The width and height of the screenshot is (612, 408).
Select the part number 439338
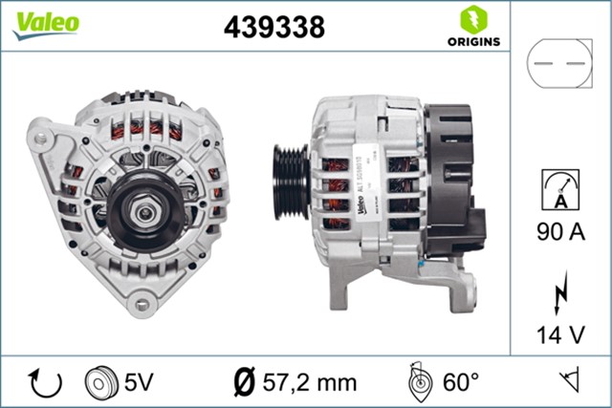click(x=274, y=28)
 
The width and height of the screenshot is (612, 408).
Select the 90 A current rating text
click(x=562, y=230)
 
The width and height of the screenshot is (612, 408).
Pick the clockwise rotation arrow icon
click(x=44, y=383)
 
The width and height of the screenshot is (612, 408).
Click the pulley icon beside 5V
click(x=98, y=383)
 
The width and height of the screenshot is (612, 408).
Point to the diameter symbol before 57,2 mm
click(x=243, y=383)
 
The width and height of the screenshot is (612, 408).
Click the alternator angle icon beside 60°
click(x=419, y=382)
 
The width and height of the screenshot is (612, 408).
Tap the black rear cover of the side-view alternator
click(x=450, y=182)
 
